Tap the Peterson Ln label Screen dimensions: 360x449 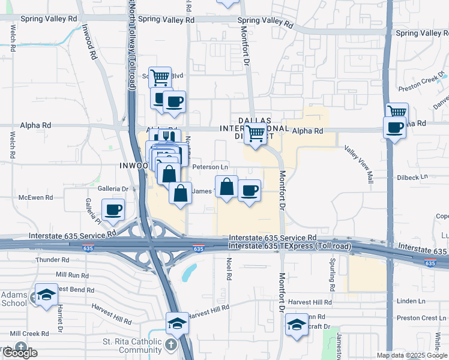pyautogui.click(x=210, y=166)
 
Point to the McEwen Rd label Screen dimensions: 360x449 pyautogui.click(x=36, y=197)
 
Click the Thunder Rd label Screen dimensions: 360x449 pyautogui.click(x=53, y=260)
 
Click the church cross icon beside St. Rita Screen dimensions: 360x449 pyautogui.click(x=172, y=345)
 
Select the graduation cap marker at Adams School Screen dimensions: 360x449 pyautogui.click(x=46, y=295)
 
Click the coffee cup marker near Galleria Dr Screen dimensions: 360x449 pyautogui.click(x=113, y=210)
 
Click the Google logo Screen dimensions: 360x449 pyautogui.click(x=19, y=353)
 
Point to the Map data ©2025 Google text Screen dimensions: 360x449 pyautogui.click(x=412, y=355)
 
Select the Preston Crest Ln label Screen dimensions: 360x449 pyautogui.click(x=416, y=319)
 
